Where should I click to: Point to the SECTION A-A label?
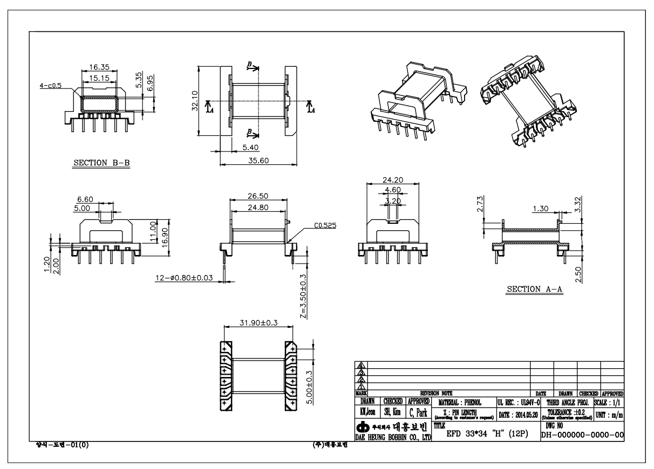tap(534, 289)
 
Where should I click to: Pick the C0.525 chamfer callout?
tap(324, 226)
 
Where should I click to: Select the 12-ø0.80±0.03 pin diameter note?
tap(187, 279)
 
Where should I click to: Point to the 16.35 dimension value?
tap(99, 67)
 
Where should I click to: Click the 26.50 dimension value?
tap(257, 196)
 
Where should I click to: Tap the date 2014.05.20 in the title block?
tap(517, 414)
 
